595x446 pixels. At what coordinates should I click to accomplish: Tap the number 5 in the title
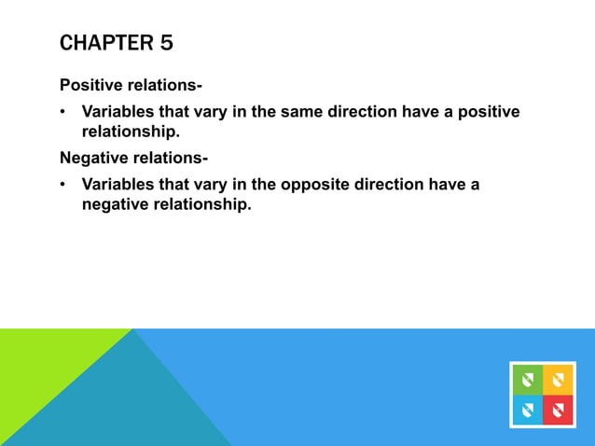click(x=165, y=43)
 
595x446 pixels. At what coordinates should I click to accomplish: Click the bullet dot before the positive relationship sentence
click(x=63, y=113)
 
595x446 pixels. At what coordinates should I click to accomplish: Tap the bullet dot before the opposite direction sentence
click(x=63, y=185)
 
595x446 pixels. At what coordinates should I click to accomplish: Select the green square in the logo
click(x=527, y=379)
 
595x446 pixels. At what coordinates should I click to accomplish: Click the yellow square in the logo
click(x=558, y=379)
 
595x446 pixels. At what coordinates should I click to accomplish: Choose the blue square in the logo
click(x=527, y=410)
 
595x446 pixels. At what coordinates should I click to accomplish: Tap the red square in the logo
click(x=558, y=410)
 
